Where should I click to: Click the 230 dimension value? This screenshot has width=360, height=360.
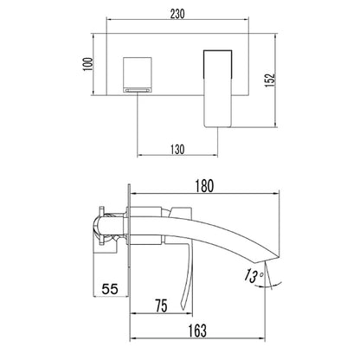177,14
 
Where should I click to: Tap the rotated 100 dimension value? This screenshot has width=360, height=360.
88,64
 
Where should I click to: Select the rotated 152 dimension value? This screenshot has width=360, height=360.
270,80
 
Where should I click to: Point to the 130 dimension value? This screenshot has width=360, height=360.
177,150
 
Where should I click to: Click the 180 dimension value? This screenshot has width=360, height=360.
204,186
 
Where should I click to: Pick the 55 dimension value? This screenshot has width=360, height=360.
110,289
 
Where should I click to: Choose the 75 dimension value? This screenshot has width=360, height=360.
161,305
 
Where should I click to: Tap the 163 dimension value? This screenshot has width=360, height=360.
197,331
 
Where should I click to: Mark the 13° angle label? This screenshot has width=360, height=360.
253,276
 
